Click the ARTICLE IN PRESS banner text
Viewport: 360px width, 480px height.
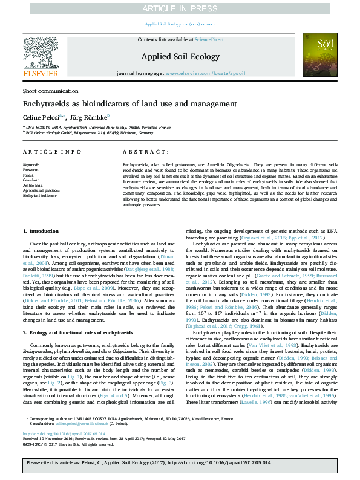coord(180,9)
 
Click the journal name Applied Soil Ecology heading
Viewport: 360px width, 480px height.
coord(180,56)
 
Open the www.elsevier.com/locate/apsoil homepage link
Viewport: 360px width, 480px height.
coord(205,73)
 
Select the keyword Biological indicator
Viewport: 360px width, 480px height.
coord(39,196)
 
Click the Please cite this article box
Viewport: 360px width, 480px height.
coord(180,462)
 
